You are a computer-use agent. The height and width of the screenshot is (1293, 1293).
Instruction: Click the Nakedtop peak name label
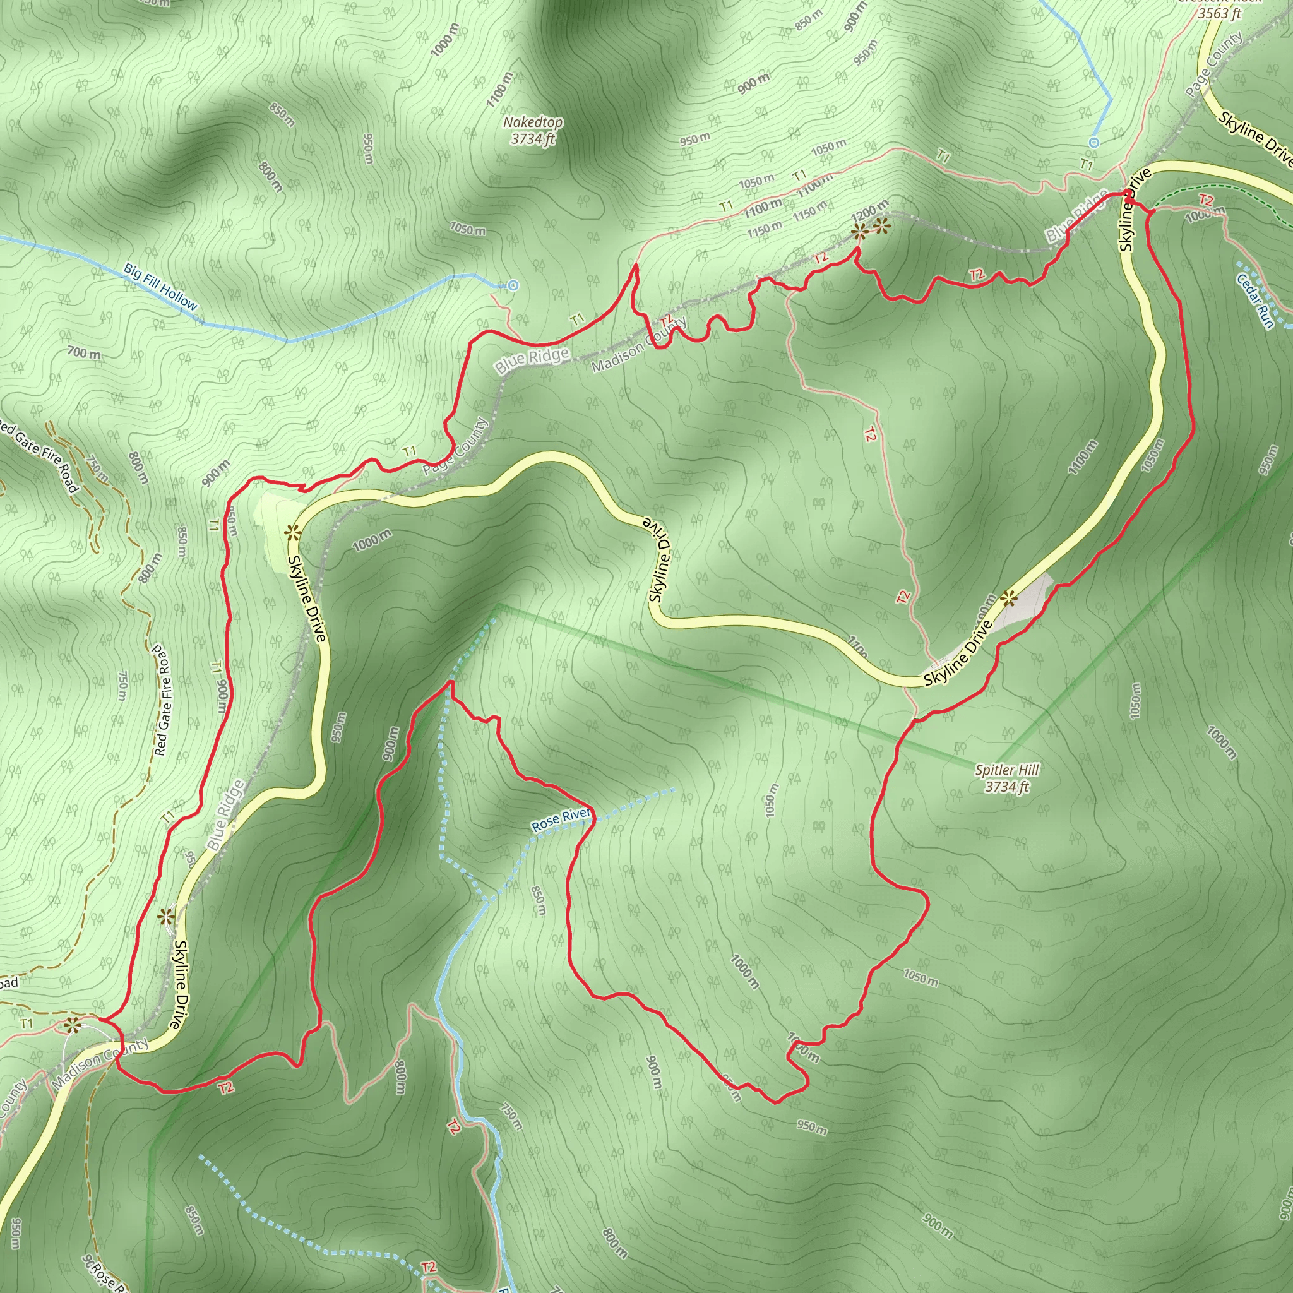(533, 122)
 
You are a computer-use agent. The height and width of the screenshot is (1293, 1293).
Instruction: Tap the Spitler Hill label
(1006, 770)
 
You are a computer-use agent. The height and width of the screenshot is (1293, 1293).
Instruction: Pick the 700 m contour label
(85, 353)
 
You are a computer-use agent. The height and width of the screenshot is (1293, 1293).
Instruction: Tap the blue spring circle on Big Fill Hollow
(513, 285)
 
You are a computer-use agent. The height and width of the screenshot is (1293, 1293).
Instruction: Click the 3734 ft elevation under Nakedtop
(533, 139)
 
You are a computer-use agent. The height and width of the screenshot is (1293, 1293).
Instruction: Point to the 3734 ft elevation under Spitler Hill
(1006, 787)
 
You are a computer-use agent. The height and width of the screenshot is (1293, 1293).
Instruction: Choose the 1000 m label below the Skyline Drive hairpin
(372, 540)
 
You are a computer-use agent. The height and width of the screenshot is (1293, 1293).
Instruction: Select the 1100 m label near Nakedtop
(499, 90)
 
